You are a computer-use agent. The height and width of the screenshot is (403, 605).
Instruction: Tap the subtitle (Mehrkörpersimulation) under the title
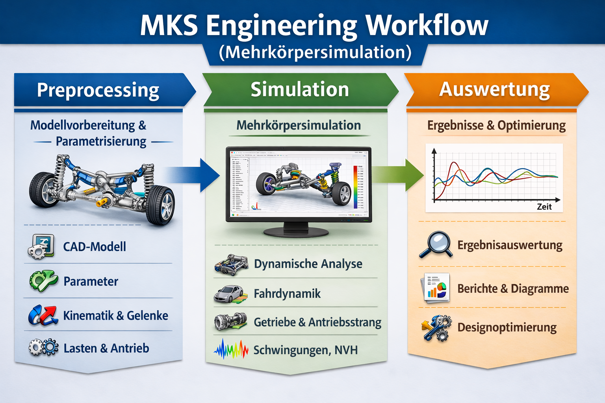pos(315,52)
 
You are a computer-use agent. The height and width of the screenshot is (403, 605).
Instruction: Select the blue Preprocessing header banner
pos(98,90)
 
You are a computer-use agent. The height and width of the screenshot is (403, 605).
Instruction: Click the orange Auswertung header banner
pos(494,89)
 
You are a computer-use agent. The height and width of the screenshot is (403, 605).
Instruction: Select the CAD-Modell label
pos(95,247)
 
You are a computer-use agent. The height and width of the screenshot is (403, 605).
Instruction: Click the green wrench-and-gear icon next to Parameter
pos(43,281)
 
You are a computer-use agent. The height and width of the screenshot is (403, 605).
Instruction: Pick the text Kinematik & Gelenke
pos(115,316)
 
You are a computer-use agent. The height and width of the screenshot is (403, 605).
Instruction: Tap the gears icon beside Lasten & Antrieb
pos(43,348)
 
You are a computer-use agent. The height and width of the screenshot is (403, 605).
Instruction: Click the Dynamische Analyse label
pos(308,264)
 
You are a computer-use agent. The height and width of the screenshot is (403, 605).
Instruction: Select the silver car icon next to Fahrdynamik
pos(230,294)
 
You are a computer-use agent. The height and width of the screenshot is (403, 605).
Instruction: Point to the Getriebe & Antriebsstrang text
pos(317,322)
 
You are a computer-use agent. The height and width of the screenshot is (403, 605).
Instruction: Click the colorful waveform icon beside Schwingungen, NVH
pos(231,349)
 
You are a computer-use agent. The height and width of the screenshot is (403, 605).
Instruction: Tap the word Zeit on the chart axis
pos(544,207)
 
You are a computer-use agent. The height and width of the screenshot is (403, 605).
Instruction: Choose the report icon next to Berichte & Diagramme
pos(436,288)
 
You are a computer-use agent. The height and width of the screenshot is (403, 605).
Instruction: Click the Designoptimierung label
pos(507,327)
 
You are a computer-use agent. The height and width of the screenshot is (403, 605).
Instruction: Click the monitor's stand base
pos(296,232)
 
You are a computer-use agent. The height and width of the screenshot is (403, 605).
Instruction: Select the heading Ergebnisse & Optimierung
pos(496,126)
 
